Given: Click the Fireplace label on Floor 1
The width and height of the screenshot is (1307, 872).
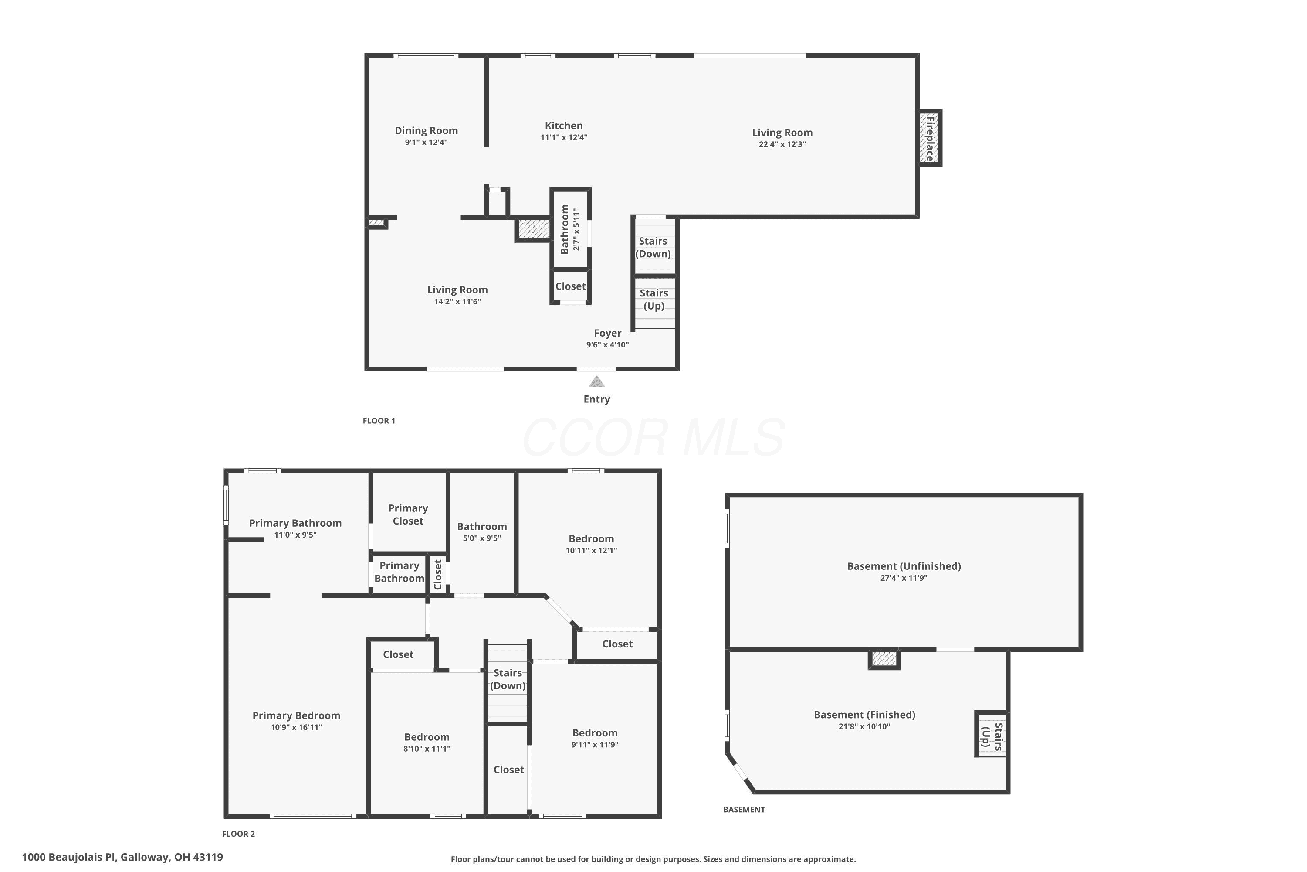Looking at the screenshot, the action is pos(930,138).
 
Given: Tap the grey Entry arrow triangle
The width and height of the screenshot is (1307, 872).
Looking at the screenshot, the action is pos(596,381).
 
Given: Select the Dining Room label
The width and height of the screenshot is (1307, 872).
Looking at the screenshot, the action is pos(426,131).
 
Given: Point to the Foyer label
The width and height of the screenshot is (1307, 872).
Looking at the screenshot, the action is pos(607,333).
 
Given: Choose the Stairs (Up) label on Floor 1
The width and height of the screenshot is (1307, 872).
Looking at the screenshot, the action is pos(654,299).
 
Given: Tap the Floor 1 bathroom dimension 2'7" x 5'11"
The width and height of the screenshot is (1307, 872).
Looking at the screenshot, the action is pos(576,229).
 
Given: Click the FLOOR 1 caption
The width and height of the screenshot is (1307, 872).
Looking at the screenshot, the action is pos(379,421).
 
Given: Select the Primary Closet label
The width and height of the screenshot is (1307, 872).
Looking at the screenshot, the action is pos(408,514).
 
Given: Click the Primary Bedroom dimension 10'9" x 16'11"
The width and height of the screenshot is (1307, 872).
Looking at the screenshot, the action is pos(296,727).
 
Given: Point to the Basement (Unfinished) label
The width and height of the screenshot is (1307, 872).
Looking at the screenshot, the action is pos(904,566).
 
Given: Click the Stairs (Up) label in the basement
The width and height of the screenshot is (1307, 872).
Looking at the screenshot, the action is pos(992,737).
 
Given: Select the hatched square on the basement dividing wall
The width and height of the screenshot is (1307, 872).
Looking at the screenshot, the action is pos(884,659).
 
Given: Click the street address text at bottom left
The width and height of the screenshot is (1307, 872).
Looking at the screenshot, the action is pos(122,857).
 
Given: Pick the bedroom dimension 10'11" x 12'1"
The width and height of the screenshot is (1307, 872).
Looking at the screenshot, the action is pos(591,551).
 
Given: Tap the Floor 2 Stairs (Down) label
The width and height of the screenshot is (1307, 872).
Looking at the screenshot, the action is pos(508,679).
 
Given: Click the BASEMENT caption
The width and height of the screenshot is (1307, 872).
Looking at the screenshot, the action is pos(744,810).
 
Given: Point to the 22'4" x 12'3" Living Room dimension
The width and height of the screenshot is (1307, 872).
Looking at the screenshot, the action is pos(782,144).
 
